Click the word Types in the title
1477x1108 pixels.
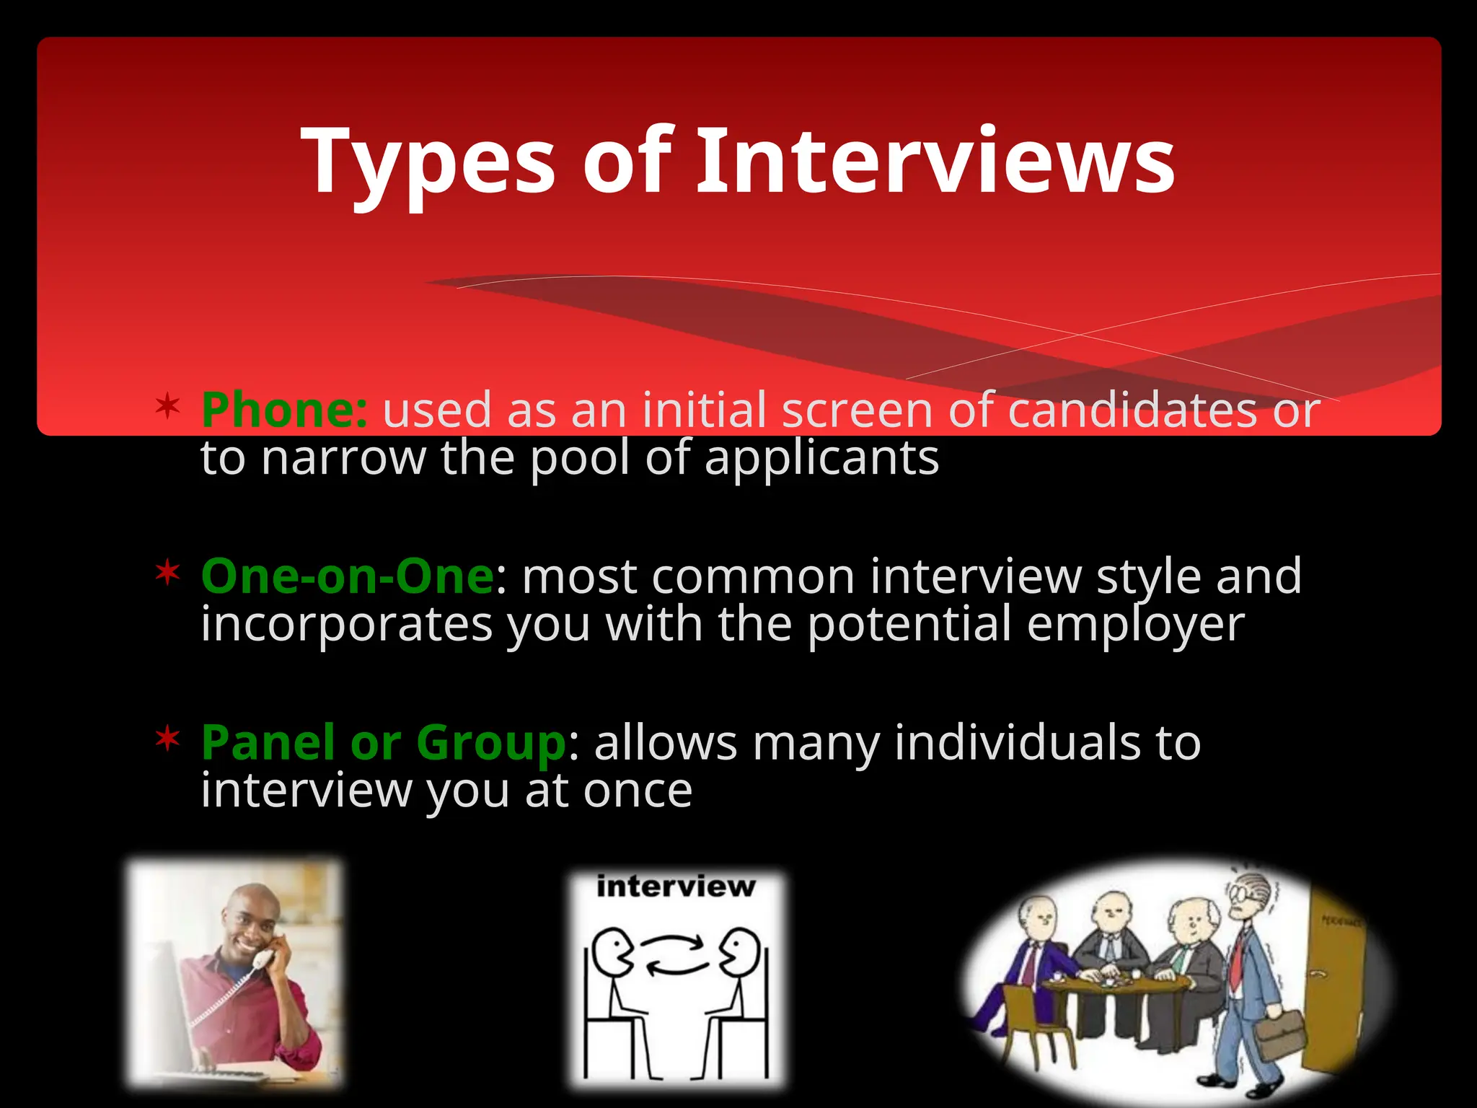[428, 162]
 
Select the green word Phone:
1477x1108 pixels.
[284, 410]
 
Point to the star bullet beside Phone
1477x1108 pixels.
[167, 406]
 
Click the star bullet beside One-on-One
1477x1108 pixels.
[167, 573]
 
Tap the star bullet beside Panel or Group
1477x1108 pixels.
[167, 739]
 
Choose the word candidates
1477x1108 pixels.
[1132, 410]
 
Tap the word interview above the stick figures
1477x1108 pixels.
[676, 887]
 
